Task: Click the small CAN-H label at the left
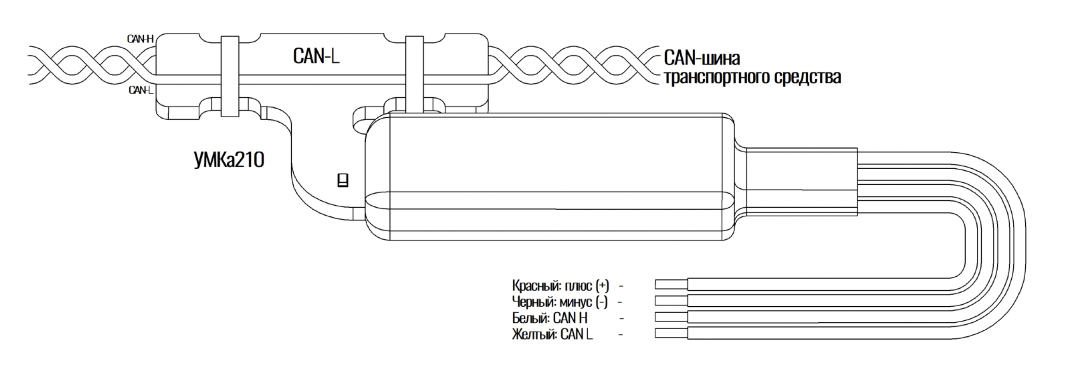click(141, 39)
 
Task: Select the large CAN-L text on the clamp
click(316, 56)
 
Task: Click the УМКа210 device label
click(229, 160)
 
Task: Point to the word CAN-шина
click(702, 58)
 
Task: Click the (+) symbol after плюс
click(602, 286)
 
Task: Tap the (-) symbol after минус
click(601, 302)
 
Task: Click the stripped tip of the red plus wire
click(671, 284)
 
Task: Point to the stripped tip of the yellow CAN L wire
click(671, 333)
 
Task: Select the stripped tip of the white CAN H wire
click(671, 317)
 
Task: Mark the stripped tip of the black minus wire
click(671, 300)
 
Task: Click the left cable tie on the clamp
click(229, 76)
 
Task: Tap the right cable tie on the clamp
click(414, 74)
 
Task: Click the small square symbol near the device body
click(343, 180)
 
